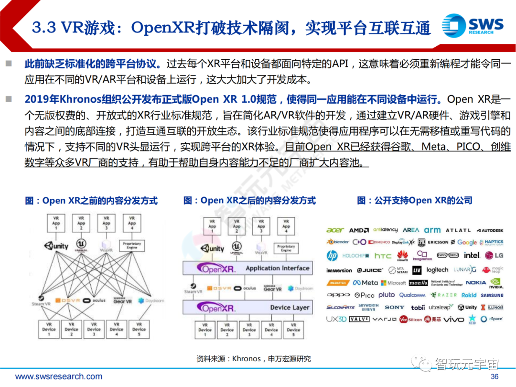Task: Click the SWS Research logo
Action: point(473,25)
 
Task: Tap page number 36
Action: point(494,376)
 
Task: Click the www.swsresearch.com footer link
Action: point(59,376)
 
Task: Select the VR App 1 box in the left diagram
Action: point(56,223)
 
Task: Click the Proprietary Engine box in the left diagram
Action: point(132,246)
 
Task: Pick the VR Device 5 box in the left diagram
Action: point(139,329)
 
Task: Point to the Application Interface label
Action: point(277,269)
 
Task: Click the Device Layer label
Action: point(290,308)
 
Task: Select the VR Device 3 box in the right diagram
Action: point(249,330)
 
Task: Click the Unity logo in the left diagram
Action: point(56,246)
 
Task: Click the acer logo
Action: point(335,230)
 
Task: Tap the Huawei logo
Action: point(403,257)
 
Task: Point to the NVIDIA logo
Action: point(496,284)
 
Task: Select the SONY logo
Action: point(394,308)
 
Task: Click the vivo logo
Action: point(453,319)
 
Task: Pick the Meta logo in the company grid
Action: point(366,283)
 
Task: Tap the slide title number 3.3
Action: point(44,28)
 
